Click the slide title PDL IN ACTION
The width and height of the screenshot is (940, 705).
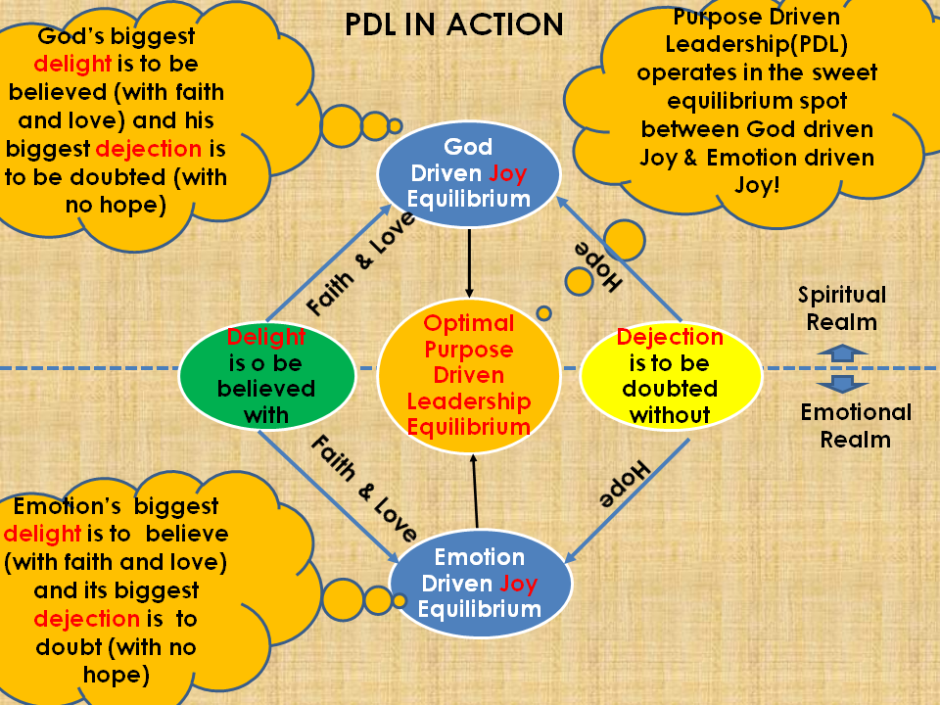click(454, 24)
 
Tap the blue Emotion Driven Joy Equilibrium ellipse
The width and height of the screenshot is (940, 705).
click(480, 583)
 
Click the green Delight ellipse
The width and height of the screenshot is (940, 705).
click(266, 376)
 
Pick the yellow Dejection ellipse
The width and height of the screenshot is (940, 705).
click(671, 376)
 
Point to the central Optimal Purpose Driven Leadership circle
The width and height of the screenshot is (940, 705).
click(469, 375)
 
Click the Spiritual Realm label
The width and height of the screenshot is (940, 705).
click(842, 307)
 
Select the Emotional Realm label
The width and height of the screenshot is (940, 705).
click(856, 425)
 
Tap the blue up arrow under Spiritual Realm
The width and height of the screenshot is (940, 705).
click(842, 352)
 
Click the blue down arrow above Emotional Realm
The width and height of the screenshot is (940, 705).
click(842, 384)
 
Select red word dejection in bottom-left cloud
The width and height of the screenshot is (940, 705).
click(86, 619)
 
